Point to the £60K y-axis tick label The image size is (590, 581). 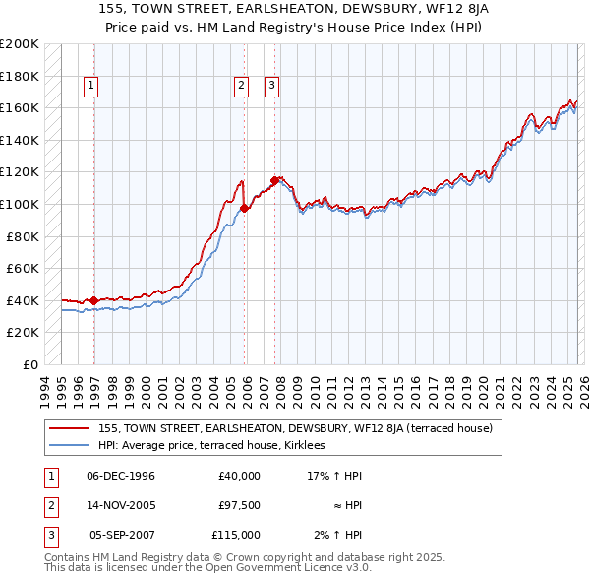(x=23, y=268)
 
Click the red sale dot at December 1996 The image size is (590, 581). (x=94, y=300)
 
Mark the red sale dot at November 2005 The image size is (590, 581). (x=245, y=208)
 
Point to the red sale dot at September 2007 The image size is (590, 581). (x=274, y=180)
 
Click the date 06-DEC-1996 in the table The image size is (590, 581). (x=121, y=476)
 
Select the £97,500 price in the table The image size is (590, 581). (x=239, y=505)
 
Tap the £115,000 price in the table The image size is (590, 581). (x=236, y=535)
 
